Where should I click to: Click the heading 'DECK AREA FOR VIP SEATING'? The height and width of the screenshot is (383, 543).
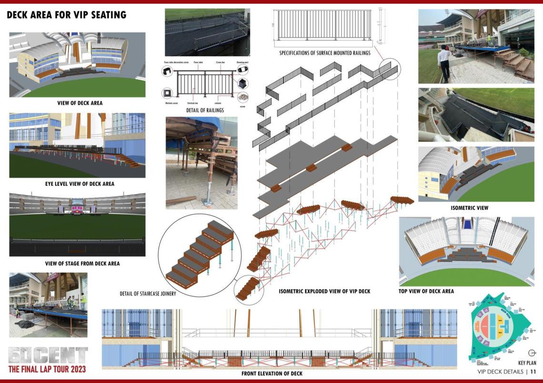pos(66,15)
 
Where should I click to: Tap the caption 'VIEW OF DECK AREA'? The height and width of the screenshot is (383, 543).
pos(80,103)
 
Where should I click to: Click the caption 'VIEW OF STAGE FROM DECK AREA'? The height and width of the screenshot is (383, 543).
pos(82,263)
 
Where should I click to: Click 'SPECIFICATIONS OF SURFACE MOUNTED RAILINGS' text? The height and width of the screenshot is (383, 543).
pos(325,53)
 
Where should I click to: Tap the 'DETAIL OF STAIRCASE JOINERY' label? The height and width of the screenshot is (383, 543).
pos(148,294)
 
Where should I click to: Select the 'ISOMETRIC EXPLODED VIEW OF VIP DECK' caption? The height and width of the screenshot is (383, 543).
pos(324,291)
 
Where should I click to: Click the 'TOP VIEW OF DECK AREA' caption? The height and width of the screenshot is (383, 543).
pos(426,291)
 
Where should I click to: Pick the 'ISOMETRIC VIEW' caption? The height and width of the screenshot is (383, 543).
pos(469,208)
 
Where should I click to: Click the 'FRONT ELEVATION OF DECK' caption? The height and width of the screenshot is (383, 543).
pos(271,373)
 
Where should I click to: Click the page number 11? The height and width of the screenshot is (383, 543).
pos(533,372)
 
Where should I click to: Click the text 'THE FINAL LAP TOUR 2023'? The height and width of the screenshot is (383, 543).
pos(47,369)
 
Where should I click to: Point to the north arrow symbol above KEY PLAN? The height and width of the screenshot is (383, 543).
pos(532,353)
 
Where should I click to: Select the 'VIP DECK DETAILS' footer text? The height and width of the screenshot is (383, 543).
pos(500,372)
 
